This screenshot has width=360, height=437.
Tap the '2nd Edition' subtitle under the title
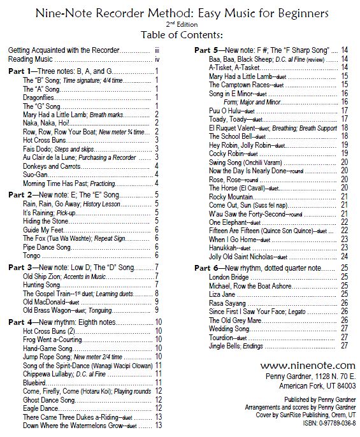180,24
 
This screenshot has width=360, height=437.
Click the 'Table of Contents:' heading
180,34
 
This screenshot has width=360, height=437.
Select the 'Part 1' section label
22,73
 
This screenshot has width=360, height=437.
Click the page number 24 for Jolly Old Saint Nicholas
344,257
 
